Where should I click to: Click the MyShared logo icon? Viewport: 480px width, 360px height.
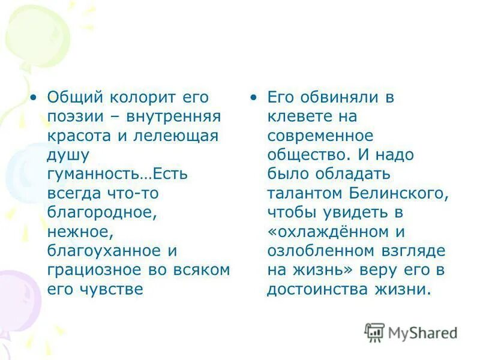coord(374,332)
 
